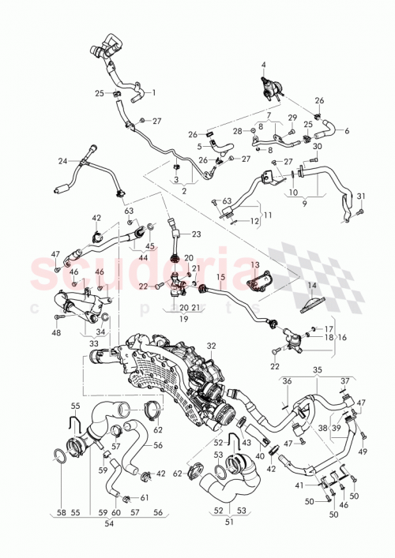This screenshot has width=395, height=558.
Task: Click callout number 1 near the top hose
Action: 153,92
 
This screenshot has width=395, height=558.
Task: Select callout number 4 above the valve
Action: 265,65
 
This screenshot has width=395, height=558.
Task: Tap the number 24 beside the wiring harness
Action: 62,161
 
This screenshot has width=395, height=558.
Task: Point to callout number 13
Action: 254,264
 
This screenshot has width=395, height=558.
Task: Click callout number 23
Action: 197,234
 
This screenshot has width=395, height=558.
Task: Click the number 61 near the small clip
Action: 144,498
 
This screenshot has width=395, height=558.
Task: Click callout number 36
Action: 286,380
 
